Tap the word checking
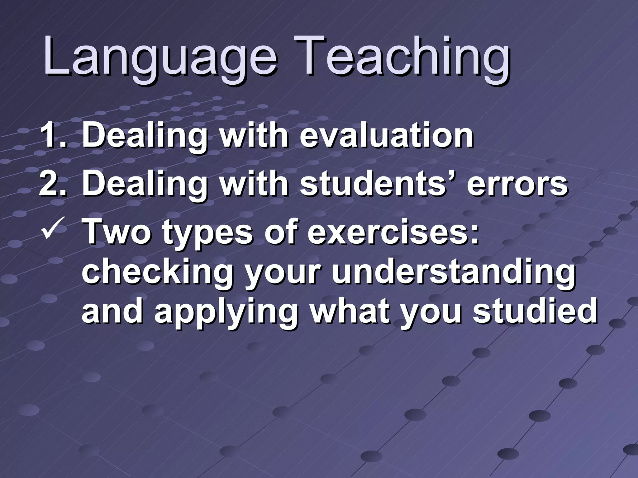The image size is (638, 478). click(158, 274)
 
